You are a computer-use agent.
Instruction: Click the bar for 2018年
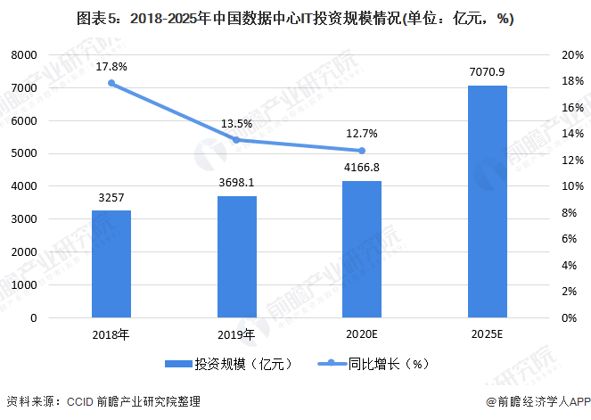[x=111, y=264]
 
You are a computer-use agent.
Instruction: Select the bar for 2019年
[x=237, y=257]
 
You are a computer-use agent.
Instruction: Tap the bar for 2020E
[x=362, y=249]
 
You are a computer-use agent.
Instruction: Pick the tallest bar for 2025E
[x=488, y=202]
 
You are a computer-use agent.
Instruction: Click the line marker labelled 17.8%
[x=111, y=83]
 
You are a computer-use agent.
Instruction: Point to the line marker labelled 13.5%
[x=237, y=140]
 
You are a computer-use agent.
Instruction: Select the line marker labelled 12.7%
[x=362, y=151]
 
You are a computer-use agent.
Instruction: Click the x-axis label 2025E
[x=488, y=335]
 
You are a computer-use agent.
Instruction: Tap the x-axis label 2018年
[x=111, y=335]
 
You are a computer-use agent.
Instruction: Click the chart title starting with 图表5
[x=294, y=19]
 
